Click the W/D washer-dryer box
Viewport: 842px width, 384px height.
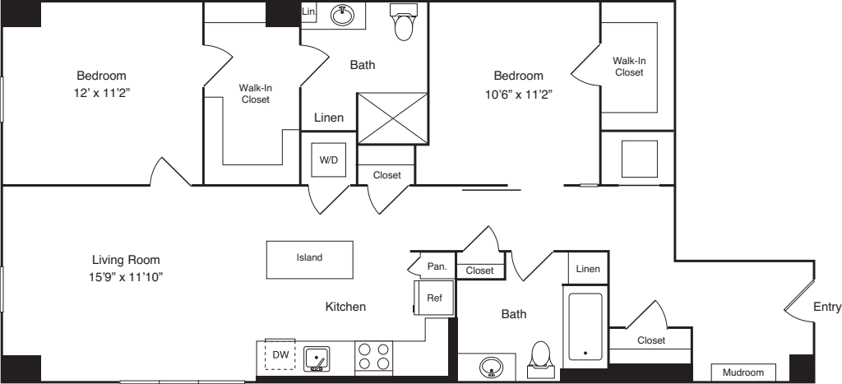(329, 160)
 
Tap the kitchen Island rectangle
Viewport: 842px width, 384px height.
(310, 260)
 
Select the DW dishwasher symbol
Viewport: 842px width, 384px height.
(280, 355)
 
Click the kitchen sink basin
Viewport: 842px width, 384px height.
(317, 359)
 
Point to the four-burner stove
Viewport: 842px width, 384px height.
(374, 356)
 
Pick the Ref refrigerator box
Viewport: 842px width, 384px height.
(434, 298)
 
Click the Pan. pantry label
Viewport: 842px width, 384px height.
(437, 266)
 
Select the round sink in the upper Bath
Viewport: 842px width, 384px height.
(342, 15)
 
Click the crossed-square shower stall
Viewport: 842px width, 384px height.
(392, 118)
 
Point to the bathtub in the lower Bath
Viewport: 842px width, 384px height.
(585, 326)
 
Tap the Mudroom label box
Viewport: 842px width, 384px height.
(743, 372)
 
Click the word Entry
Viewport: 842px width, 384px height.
(827, 307)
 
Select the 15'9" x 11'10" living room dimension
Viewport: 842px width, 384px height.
(126, 277)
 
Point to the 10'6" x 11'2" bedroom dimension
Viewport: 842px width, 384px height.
(519, 95)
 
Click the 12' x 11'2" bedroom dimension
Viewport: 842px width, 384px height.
(102, 93)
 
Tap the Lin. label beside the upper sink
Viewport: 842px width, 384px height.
(309, 12)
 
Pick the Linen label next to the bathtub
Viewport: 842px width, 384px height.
(588, 269)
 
